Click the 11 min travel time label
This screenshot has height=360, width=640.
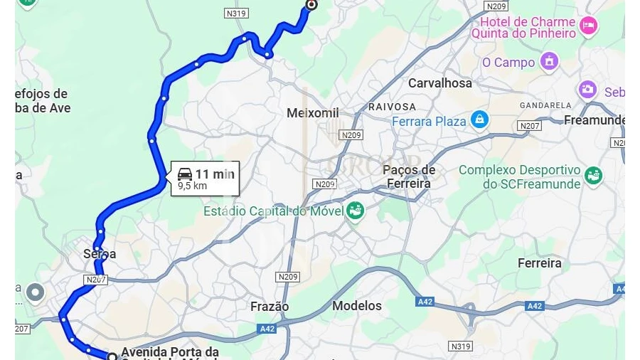pyautogui.click(x=215, y=174)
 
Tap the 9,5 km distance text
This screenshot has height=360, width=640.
pyautogui.click(x=192, y=186)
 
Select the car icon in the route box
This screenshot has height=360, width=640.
pyautogui.click(x=185, y=174)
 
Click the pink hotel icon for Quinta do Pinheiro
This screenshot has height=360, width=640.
pyautogui.click(x=588, y=26)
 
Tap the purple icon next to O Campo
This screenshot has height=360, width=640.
pyautogui.click(x=549, y=62)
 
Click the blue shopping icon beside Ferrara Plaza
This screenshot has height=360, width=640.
pyautogui.click(x=480, y=120)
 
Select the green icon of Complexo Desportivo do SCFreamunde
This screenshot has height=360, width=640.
pyautogui.click(x=593, y=175)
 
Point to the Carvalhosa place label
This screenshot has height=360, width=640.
pyautogui.click(x=439, y=83)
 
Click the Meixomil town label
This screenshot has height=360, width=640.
pyautogui.click(x=313, y=113)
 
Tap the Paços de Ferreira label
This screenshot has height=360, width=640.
pyautogui.click(x=409, y=176)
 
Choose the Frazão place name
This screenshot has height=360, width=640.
pyautogui.click(x=270, y=307)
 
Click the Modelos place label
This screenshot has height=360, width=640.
pyautogui.click(x=357, y=306)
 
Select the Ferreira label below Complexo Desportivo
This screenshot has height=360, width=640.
pyautogui.click(x=539, y=263)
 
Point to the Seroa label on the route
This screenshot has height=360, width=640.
pyautogui.click(x=100, y=254)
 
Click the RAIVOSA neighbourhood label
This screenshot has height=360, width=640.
pyautogui.click(x=392, y=107)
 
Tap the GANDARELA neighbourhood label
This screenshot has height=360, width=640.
pyautogui.click(x=545, y=105)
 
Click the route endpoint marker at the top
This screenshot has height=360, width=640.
pyautogui.click(x=310, y=4)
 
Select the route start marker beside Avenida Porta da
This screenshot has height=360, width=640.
pyautogui.click(x=112, y=356)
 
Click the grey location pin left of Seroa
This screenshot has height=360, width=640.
pyautogui.click(x=35, y=292)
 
